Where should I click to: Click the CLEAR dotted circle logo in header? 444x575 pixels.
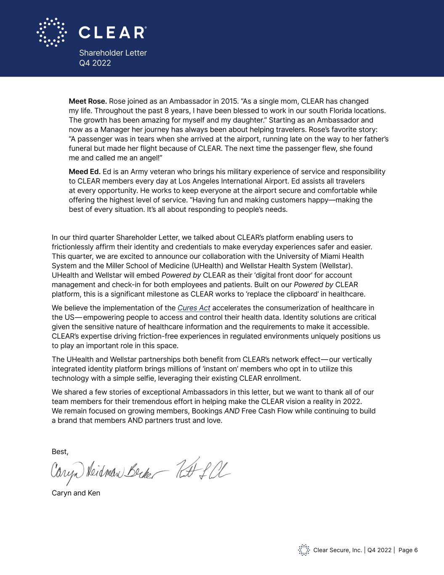pyautogui.click(x=51, y=32)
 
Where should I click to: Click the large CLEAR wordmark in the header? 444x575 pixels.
pyautogui.click(x=112, y=32)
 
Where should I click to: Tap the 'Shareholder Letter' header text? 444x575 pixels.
pyautogui.click(x=113, y=53)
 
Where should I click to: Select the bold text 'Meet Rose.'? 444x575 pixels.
pyautogui.click(x=88, y=101)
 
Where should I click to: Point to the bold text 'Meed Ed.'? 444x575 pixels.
pyautogui.click(x=85, y=171)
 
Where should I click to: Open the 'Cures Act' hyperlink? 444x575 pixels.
pyautogui.click(x=194, y=308)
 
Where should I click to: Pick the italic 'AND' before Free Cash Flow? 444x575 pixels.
pyautogui.click(x=232, y=411)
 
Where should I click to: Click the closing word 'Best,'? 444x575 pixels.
pyautogui.click(x=60, y=452)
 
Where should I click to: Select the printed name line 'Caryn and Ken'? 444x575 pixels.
pyautogui.click(x=76, y=493)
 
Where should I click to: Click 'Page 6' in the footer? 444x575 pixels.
pyautogui.click(x=408, y=550)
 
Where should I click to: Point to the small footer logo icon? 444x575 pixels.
pyautogui.click(x=304, y=550)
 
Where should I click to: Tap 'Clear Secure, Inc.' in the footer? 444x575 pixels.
pyautogui.click(x=338, y=550)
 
